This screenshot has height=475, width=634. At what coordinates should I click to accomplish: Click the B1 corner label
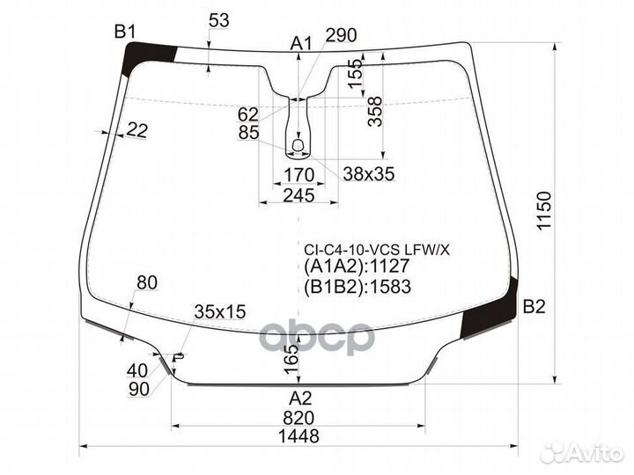(125, 33)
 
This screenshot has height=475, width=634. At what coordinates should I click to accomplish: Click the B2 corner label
(534, 306)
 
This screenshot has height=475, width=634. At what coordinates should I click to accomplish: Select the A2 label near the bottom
(300, 397)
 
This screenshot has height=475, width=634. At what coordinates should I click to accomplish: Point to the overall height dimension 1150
(543, 212)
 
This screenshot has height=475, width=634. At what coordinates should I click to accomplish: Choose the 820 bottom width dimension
(299, 417)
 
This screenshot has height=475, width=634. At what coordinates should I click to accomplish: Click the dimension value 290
(341, 36)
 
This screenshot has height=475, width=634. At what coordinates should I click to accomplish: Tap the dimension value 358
(375, 111)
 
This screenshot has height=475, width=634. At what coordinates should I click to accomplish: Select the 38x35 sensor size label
(368, 174)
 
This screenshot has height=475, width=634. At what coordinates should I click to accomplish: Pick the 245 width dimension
(299, 194)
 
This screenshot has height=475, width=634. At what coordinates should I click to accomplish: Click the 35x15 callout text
(220, 311)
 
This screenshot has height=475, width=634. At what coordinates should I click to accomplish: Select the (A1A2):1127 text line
(358, 267)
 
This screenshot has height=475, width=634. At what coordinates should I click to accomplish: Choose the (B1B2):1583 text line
(358, 286)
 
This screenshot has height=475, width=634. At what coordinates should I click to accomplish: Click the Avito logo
(582, 452)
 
